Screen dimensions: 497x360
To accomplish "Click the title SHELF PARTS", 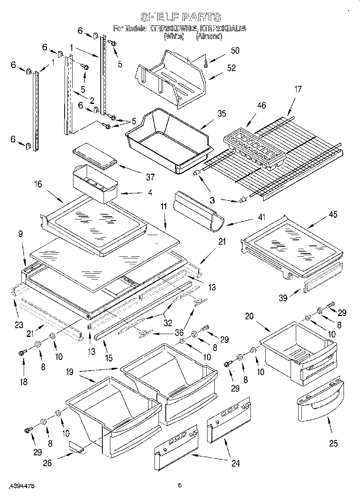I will [x=180, y=17].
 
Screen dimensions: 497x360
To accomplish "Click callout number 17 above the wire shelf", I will [x=297, y=89].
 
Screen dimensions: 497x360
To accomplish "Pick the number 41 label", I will [x=262, y=218].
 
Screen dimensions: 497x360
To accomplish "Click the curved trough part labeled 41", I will [x=197, y=211].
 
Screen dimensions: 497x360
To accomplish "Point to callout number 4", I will [x=150, y=193].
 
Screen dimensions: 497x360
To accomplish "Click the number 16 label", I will [x=38, y=185].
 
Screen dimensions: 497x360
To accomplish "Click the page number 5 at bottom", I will [x=180, y=486].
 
